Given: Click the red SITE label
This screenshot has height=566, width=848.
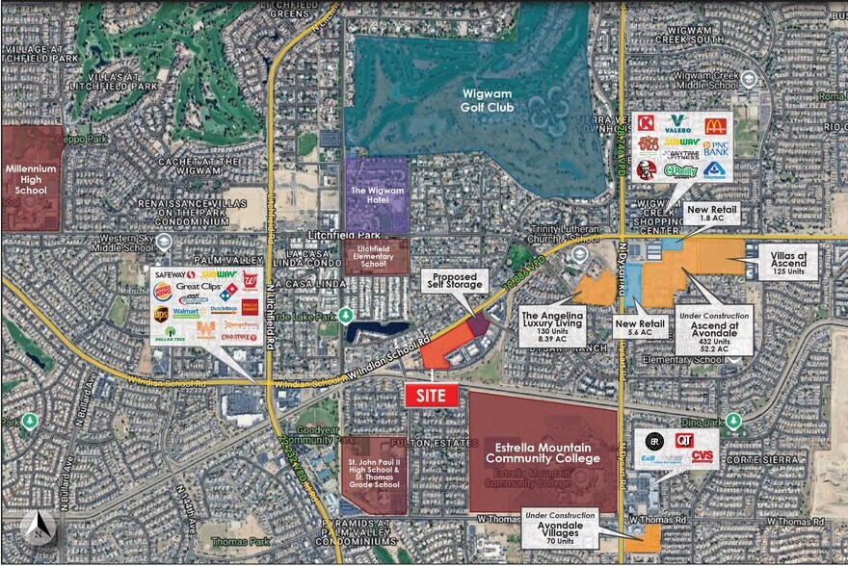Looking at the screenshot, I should (431, 395).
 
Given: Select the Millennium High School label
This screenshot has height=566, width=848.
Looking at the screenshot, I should (31, 177).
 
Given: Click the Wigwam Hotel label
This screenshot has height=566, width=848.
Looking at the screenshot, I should (377, 195).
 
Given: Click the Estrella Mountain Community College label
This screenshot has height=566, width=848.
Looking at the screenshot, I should (543, 453).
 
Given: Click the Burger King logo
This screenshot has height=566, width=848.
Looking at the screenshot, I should (163, 291).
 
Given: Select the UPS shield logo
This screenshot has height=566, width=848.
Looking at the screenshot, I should (161, 313).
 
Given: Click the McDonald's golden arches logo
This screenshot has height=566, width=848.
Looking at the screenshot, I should (714, 126).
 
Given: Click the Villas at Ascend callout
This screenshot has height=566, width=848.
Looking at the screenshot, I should (793, 257).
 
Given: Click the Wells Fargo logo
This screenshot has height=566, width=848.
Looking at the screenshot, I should (250, 308).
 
